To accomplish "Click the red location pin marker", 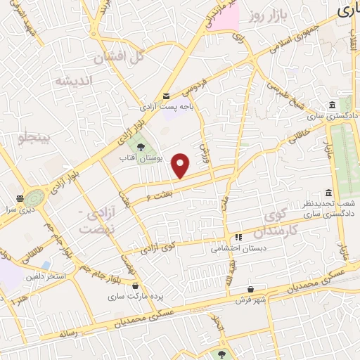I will pos(181,166).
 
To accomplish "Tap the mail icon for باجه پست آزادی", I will pos(166,96).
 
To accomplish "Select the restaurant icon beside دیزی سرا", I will pos(20,199).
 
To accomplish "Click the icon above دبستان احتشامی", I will pos(238,238).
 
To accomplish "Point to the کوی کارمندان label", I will pos(276,221).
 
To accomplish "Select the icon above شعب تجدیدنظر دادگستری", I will pos(328,193).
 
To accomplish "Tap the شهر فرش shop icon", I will pos(250,289).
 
